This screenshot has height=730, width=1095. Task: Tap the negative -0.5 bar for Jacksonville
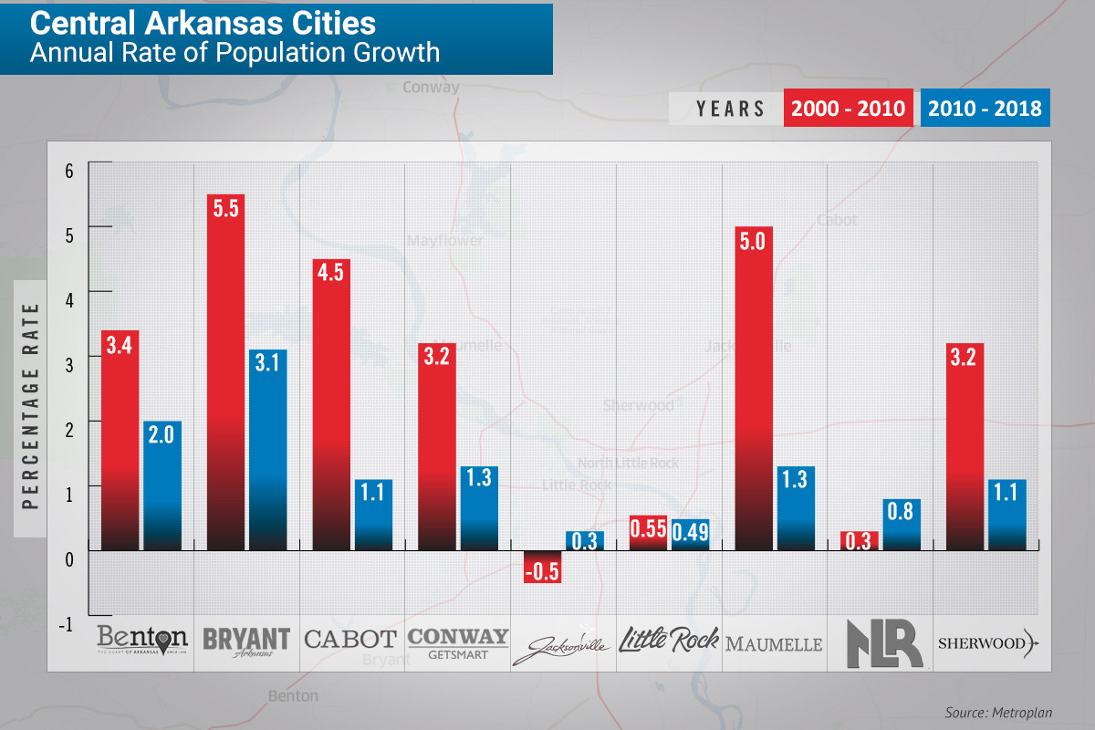click(x=542, y=567)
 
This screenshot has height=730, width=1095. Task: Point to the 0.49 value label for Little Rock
click(x=690, y=531)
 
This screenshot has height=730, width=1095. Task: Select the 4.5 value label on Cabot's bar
click(x=331, y=274)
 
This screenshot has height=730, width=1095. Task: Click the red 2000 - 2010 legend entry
click(x=849, y=109)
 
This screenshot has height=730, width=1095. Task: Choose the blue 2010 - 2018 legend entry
click(x=984, y=109)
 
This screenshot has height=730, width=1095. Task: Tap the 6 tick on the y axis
click(x=68, y=170)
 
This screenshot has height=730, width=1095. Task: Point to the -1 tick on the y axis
click(x=66, y=624)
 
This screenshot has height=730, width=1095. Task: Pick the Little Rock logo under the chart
click(x=669, y=640)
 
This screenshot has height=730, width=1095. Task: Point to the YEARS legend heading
click(x=731, y=109)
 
